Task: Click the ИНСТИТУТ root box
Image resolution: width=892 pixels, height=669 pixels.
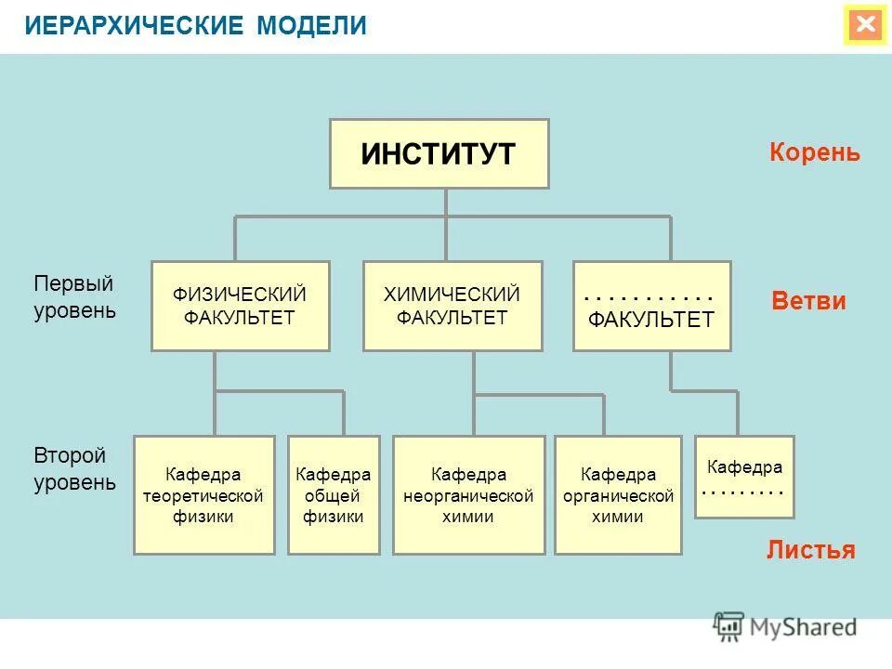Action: tap(439, 153)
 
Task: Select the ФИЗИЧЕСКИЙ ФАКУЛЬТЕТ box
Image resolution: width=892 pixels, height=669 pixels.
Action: tap(240, 306)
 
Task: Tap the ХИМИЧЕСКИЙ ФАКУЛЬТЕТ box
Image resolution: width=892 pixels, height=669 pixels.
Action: tap(452, 306)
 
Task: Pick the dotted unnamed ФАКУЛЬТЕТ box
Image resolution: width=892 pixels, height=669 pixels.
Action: tap(651, 306)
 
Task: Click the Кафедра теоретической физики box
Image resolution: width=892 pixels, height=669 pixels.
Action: tap(203, 494)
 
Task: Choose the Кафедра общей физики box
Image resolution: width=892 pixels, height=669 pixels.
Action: tap(334, 494)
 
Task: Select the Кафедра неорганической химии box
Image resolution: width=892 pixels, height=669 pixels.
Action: tap(468, 494)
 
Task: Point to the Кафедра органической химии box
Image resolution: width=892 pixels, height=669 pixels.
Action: tap(618, 494)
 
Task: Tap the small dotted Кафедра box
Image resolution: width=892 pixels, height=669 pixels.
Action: tap(744, 477)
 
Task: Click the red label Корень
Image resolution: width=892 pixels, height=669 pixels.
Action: tap(815, 153)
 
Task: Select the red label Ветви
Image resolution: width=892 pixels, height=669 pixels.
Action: tap(809, 301)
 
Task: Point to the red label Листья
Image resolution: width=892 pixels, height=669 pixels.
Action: tap(810, 550)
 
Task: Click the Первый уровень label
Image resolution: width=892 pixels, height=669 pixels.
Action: tap(74, 296)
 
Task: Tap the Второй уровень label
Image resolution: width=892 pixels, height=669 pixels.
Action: tap(74, 469)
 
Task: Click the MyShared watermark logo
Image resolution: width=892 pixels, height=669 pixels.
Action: tap(785, 626)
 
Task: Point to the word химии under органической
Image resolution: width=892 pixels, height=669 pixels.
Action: tap(618, 518)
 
